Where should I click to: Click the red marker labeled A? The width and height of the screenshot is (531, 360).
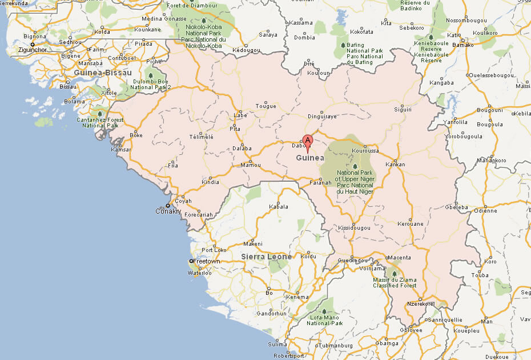pos(308,141)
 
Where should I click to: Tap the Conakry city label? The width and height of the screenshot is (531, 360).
pos(168,211)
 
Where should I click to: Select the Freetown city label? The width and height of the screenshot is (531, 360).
pos(207,261)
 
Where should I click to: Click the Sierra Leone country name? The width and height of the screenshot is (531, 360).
pos(266,257)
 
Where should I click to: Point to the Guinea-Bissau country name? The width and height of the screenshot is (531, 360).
pos(103,73)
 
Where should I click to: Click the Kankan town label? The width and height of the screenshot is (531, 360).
pos(395,165)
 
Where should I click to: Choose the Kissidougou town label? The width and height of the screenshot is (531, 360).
pos(354,227)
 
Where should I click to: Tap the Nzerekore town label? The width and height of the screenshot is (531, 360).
pos(420,303)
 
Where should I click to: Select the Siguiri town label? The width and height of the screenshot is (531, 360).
pos(403,109)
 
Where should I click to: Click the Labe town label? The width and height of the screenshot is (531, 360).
pos(240,115)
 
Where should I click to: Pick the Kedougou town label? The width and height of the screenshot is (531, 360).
pos(246,50)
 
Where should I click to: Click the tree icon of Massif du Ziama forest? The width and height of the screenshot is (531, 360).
pos(393,273)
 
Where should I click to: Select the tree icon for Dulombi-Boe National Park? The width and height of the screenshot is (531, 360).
pos(150,74)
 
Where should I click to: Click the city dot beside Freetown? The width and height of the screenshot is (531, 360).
pos(191,262)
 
